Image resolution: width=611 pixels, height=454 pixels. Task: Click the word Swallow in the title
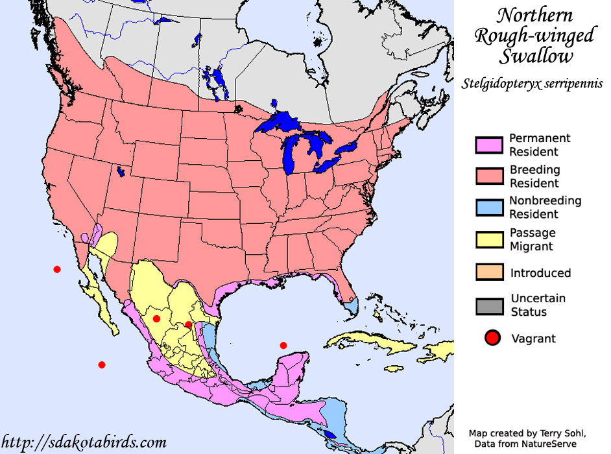click(x=536, y=56)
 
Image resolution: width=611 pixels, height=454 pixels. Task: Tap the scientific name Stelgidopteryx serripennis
click(x=533, y=84)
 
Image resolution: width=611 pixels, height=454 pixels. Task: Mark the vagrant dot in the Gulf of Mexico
click(x=283, y=345)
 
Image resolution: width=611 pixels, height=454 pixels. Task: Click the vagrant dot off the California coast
click(x=57, y=269)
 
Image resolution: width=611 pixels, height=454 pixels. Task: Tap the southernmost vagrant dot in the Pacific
click(x=101, y=364)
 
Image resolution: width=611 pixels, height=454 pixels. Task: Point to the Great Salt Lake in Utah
click(x=121, y=172)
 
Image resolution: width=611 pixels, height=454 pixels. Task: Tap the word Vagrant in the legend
click(x=533, y=338)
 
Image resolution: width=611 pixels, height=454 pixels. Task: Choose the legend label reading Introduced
click(x=540, y=273)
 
